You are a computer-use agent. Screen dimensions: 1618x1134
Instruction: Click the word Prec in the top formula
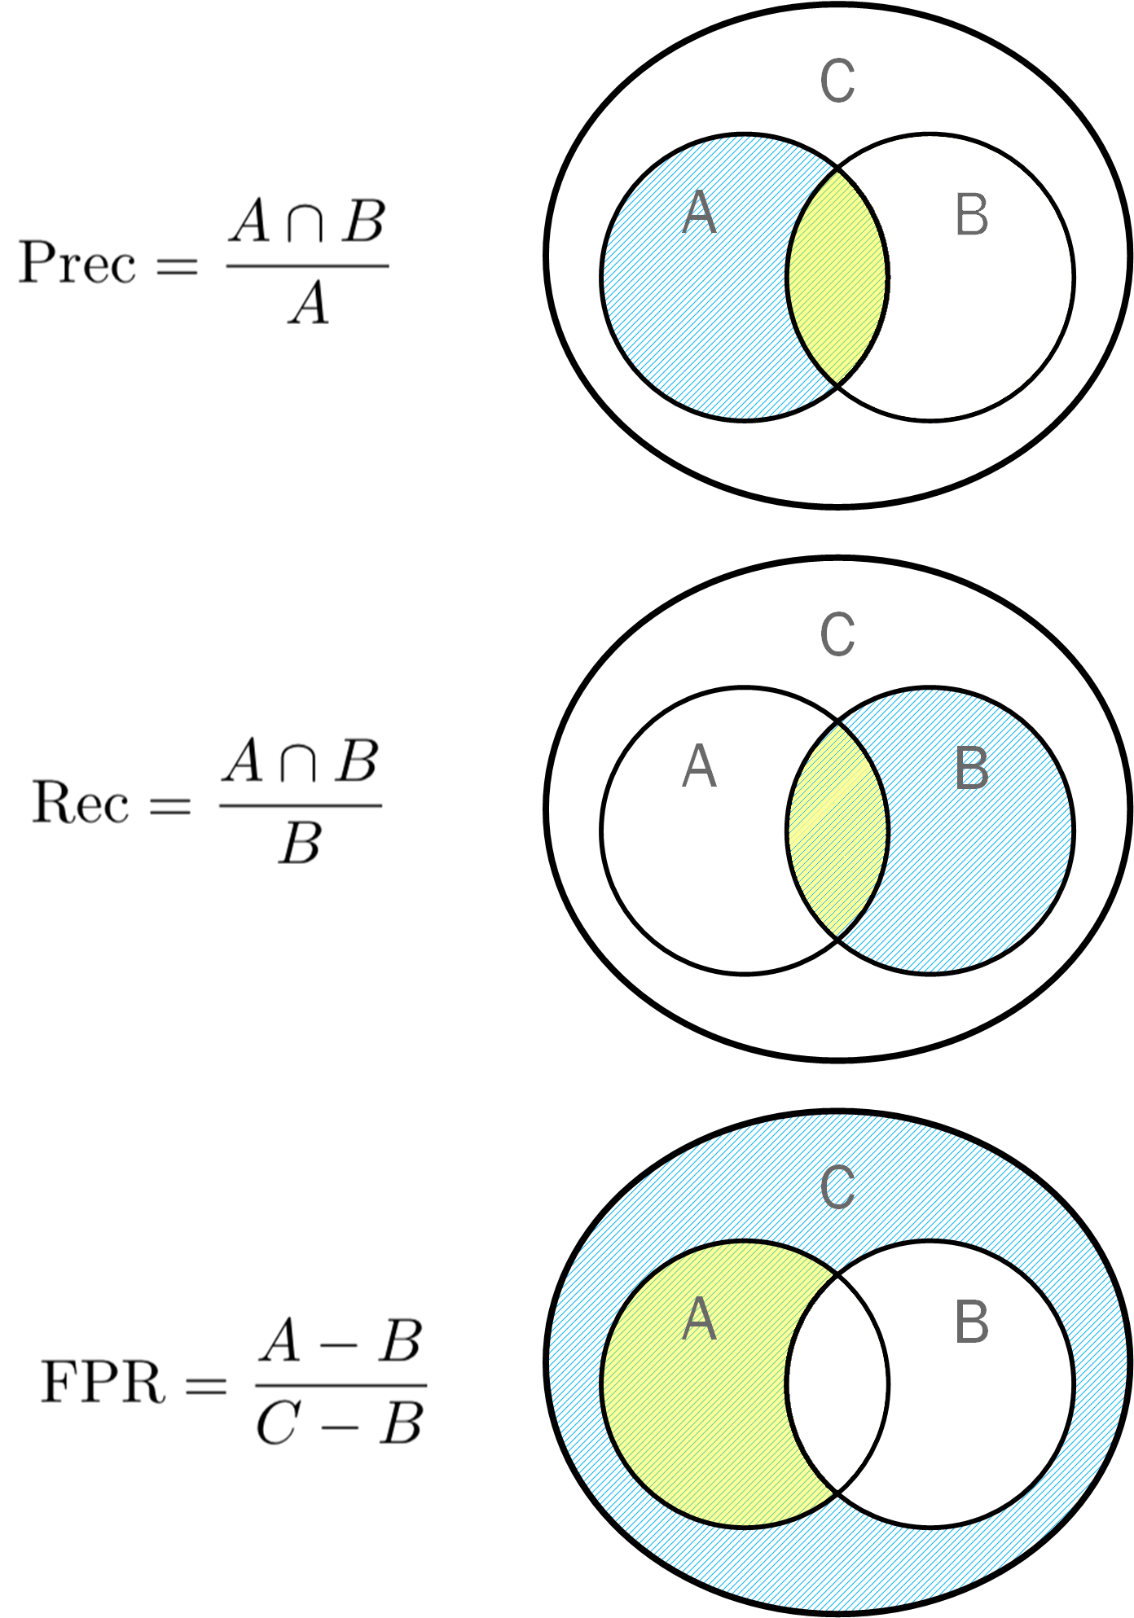[77, 263]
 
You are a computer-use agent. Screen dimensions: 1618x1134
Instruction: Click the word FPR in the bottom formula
[103, 1382]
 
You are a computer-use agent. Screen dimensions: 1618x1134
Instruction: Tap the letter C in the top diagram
[837, 81]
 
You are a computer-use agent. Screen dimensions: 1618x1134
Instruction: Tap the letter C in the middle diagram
[837, 634]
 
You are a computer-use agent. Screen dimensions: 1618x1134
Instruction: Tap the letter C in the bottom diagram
[837, 1187]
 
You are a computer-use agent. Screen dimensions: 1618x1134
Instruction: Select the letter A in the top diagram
[699, 213]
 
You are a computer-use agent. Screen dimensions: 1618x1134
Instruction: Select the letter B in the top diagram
[971, 216]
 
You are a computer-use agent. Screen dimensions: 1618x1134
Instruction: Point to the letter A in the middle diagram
[699, 767]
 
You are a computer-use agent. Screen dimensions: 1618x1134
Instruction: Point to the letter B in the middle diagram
[971, 769]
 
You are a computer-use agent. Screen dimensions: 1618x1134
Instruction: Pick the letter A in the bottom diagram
[699, 1320]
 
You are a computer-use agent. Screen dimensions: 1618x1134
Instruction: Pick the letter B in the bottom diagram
[971, 1322]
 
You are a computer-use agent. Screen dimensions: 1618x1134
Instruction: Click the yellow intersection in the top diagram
[837, 277]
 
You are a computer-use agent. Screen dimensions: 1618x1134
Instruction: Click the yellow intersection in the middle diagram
[837, 831]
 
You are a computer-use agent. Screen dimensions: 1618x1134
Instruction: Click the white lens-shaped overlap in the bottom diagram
[837, 1384]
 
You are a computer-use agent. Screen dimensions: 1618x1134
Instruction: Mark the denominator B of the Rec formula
[301, 844]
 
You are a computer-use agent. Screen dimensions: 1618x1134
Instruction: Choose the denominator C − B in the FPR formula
[340, 1424]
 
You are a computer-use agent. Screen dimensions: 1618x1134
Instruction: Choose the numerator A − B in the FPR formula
[341, 1343]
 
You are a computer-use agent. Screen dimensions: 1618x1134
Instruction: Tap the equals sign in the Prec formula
[178, 265]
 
